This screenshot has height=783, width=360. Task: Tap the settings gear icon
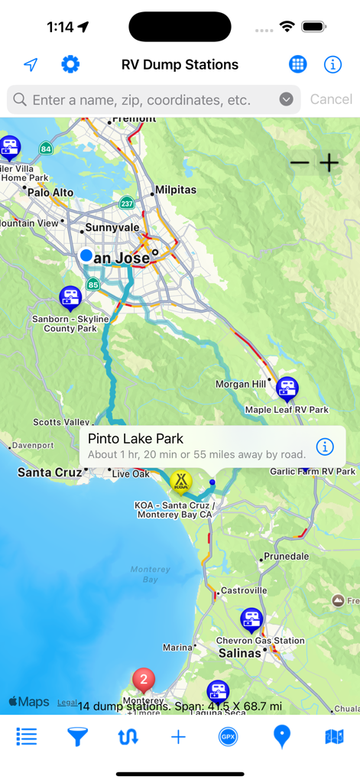tap(70, 64)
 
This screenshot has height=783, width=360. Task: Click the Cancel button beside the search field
tap(331, 99)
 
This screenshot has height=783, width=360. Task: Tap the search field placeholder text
tap(141, 99)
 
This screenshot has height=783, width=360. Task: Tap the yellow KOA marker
tap(181, 481)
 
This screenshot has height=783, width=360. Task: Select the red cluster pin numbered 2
tap(143, 679)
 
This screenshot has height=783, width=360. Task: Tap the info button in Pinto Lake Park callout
tap(325, 447)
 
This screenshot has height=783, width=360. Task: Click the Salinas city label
tap(240, 653)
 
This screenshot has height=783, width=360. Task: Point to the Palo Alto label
tap(50, 193)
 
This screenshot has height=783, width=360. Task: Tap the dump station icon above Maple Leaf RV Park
tap(287, 388)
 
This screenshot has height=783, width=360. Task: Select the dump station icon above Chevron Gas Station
tap(251, 619)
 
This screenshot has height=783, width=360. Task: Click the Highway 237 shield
tap(127, 203)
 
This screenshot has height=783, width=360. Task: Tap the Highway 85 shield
tap(92, 285)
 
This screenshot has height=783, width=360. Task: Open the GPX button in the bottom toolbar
tap(228, 736)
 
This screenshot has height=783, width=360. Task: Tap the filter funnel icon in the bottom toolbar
tap(77, 736)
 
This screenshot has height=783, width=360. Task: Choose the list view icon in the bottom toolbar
tap(27, 736)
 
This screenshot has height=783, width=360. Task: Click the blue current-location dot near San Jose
tap(86, 255)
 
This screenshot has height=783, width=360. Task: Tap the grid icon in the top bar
tap(298, 64)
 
